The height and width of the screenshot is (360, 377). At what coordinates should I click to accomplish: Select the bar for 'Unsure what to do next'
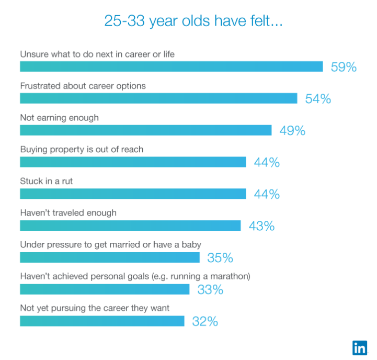171,66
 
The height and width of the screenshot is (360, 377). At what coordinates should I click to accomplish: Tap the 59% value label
344,67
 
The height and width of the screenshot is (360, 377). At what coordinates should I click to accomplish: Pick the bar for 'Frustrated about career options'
158,98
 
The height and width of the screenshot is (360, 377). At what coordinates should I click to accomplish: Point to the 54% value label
318,99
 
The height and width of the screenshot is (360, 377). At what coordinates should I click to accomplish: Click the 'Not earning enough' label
59,118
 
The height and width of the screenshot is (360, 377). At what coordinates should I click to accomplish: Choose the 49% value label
292,131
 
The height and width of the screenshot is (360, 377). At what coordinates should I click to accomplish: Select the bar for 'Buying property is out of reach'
133,162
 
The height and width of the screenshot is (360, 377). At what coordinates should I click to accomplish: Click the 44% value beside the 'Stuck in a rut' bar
267,194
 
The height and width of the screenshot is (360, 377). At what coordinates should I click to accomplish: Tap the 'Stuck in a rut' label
47,181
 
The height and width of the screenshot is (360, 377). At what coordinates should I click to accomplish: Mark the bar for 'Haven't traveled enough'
130,226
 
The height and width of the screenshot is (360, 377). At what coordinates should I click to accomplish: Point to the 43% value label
261,226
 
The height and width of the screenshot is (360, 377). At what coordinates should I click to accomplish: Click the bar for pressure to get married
110,257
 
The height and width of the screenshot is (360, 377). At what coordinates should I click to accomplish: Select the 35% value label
220,258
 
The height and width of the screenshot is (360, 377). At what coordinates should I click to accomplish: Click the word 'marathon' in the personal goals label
230,276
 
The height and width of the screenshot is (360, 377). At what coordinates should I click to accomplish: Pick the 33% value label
210,290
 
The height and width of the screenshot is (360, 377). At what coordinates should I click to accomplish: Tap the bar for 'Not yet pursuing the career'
102,321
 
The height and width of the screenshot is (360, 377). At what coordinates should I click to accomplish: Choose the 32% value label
205,321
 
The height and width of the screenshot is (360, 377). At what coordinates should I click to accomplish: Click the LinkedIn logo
359,347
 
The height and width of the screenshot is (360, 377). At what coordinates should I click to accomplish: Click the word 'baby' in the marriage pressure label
191,244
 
